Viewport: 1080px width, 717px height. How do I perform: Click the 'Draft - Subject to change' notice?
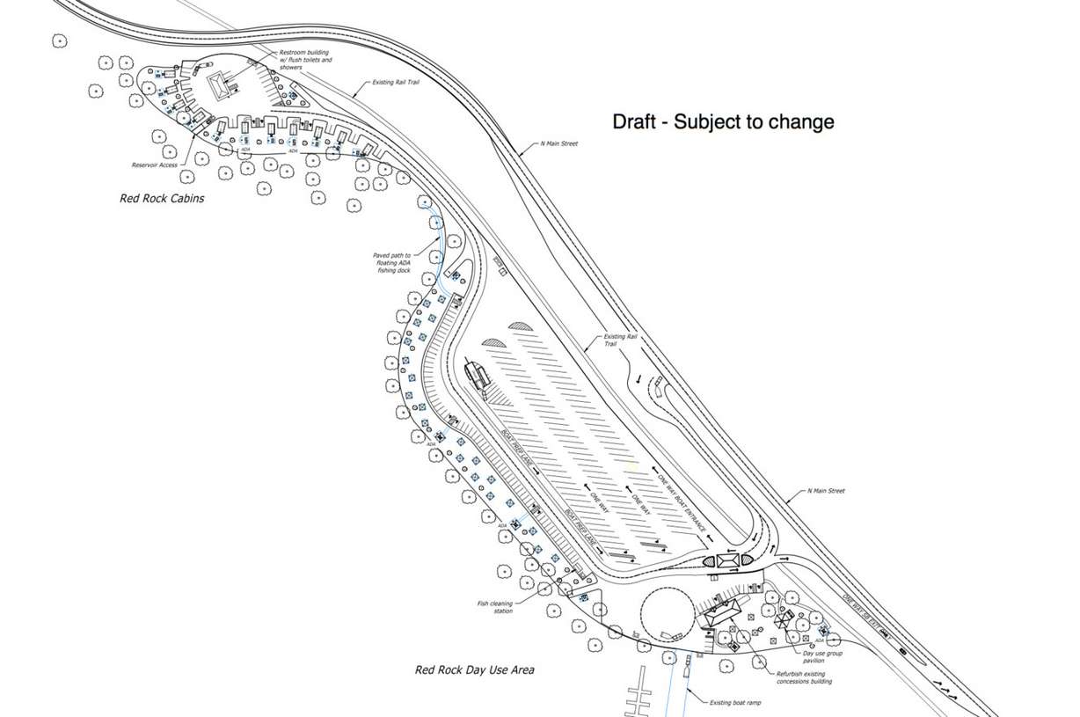pos(723,122)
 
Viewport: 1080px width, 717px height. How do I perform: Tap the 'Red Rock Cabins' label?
pos(162,199)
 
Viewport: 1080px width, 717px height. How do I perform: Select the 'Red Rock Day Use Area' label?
pos(474,670)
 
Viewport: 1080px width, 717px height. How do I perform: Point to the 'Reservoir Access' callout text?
pos(155,165)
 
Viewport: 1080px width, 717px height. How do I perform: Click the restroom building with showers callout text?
pos(305,60)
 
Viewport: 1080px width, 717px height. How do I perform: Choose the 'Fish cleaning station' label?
pos(494,607)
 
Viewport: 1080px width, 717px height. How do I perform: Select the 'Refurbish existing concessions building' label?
pos(803,677)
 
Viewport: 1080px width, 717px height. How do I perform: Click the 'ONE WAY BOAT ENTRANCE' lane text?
pos(683,501)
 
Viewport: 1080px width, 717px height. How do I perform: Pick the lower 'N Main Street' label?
pos(826,491)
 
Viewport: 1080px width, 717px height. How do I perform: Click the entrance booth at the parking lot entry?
pos(728,560)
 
